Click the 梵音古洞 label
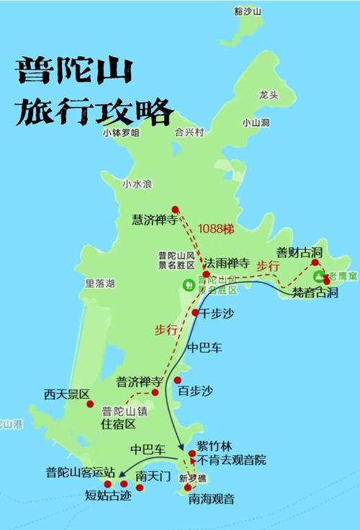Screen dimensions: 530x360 point(314,293)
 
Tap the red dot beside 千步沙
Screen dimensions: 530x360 point(196,313)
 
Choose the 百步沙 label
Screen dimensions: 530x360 point(196,391)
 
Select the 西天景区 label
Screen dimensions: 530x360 point(66,395)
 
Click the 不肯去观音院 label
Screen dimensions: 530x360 point(232,459)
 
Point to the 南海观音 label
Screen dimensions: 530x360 point(212,498)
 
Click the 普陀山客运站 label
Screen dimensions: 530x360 point(80,472)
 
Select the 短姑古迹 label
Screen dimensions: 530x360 point(109,495)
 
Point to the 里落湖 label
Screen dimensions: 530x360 point(99,283)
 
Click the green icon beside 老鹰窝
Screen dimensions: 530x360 point(318,277)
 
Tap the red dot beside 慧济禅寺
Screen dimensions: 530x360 point(175,210)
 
